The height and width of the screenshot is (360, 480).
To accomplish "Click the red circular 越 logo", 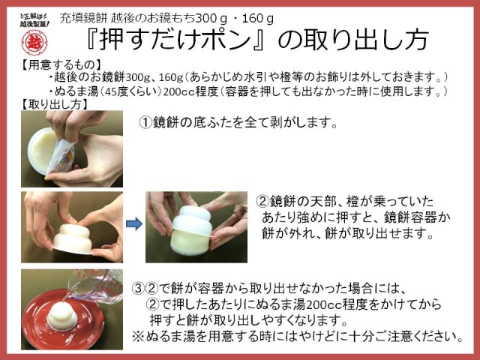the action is pyautogui.click(x=34, y=42).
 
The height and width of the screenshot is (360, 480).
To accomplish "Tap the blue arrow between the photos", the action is pyautogui.click(x=134, y=223).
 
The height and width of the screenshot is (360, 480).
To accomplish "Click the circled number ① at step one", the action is pyautogui.click(x=145, y=123).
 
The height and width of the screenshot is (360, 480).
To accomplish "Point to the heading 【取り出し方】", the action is pyautogui.click(x=55, y=104).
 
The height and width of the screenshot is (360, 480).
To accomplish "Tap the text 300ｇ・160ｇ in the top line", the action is pyautogui.click(x=235, y=19).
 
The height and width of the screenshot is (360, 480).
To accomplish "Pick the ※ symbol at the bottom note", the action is pyautogui.click(x=138, y=337).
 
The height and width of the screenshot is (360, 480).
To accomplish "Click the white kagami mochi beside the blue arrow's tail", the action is pyautogui.click(x=73, y=238).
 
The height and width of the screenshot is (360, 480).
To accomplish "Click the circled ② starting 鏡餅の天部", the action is pyautogui.click(x=262, y=202).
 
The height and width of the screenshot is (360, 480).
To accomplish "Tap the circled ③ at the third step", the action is pyautogui.click(x=138, y=288).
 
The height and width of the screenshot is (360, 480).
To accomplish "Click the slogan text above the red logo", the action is pyautogui.click(x=34, y=20).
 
